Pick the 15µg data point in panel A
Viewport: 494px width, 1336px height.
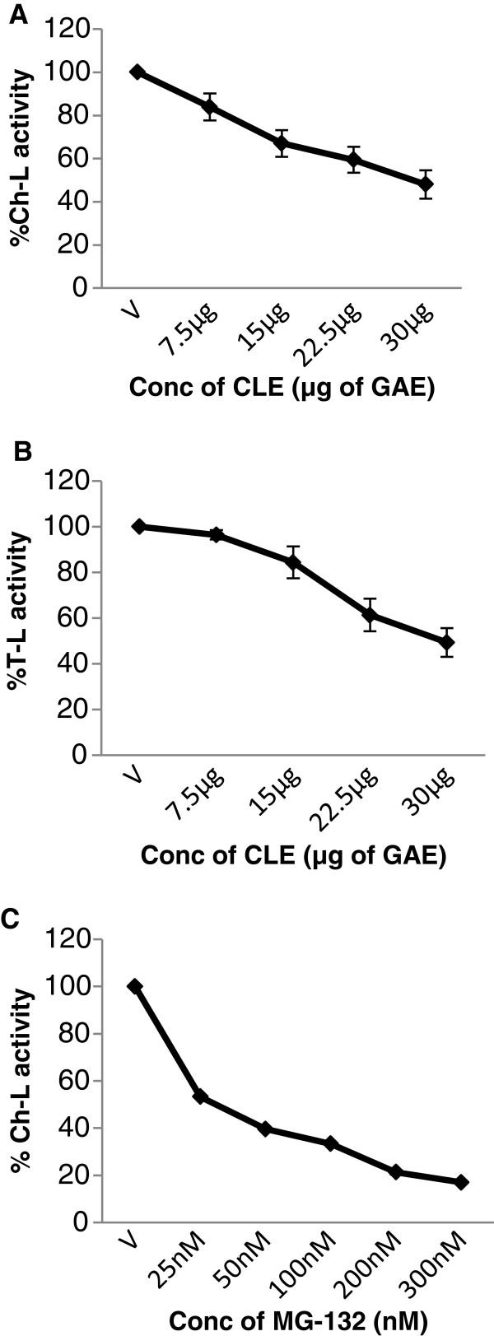(282, 143)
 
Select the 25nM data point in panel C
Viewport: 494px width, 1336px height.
(199, 1096)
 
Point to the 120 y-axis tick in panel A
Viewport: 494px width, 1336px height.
(66, 30)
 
